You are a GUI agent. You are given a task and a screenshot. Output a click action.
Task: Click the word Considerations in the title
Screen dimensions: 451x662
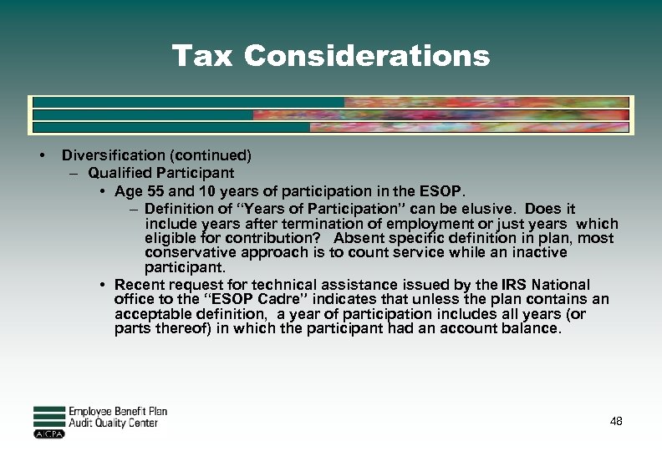(367, 56)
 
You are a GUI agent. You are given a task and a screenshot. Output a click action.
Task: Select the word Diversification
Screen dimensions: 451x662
(114, 155)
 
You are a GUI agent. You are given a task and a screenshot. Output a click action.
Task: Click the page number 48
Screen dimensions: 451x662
(616, 422)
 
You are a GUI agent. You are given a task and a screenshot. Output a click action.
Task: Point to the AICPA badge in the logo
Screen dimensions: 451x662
(49, 433)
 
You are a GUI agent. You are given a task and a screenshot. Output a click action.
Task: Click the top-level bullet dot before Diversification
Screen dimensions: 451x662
(40, 156)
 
